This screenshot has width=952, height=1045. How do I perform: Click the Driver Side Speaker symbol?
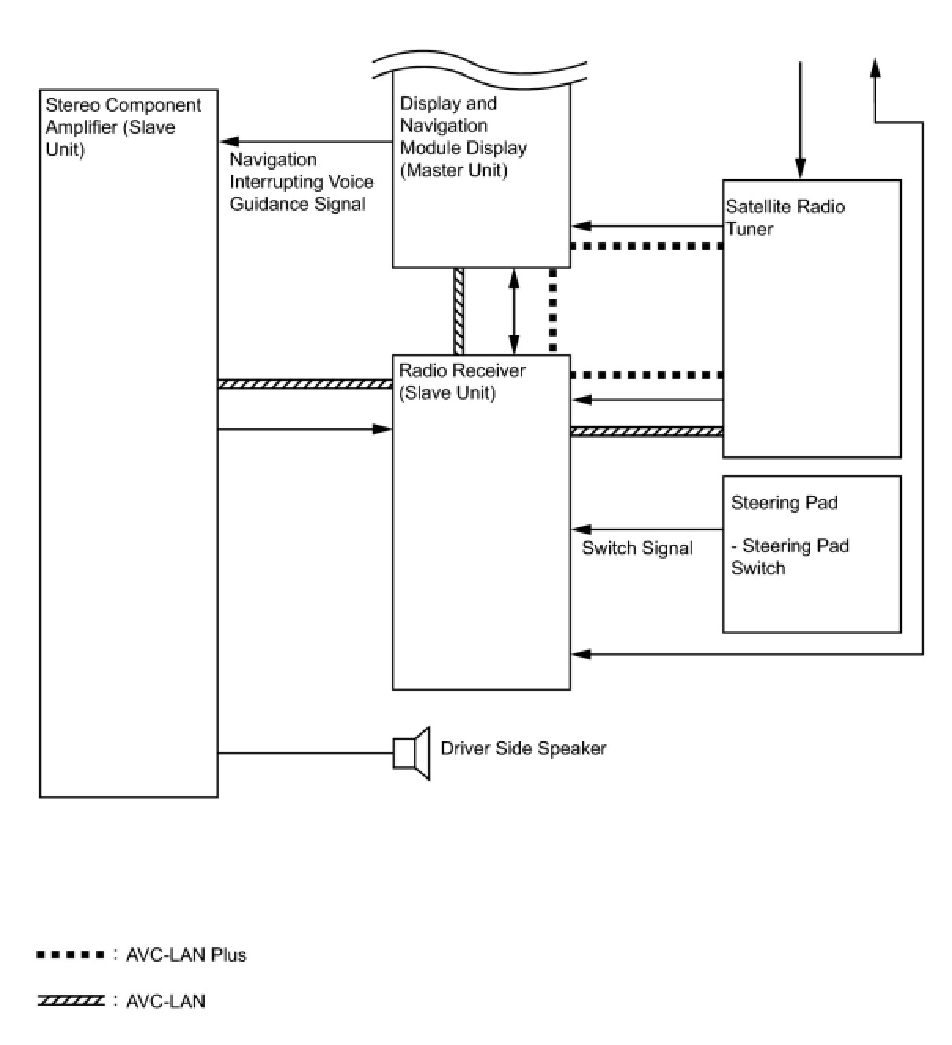(411, 753)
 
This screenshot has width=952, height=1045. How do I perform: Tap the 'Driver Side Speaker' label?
(523, 748)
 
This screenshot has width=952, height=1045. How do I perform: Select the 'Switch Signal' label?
(637, 548)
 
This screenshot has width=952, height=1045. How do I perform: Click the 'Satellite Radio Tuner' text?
(785, 218)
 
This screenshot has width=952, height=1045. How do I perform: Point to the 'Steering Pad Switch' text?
(789, 557)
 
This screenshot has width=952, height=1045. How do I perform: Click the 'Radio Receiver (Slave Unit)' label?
(462, 382)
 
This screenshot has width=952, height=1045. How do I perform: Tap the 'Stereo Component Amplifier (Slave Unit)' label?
(123, 127)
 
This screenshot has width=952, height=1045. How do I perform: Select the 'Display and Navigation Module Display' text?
(463, 137)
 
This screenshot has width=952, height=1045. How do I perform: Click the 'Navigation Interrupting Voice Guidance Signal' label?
(301, 182)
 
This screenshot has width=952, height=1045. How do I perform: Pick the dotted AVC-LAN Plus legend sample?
(70, 955)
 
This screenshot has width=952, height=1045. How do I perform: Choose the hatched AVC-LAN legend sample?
(70, 1001)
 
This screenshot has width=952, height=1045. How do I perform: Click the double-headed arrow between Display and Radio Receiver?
(514, 312)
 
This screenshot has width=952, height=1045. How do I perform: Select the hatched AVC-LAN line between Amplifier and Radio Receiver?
(304, 385)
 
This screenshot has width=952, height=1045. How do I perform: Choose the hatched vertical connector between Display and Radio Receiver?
(458, 312)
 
